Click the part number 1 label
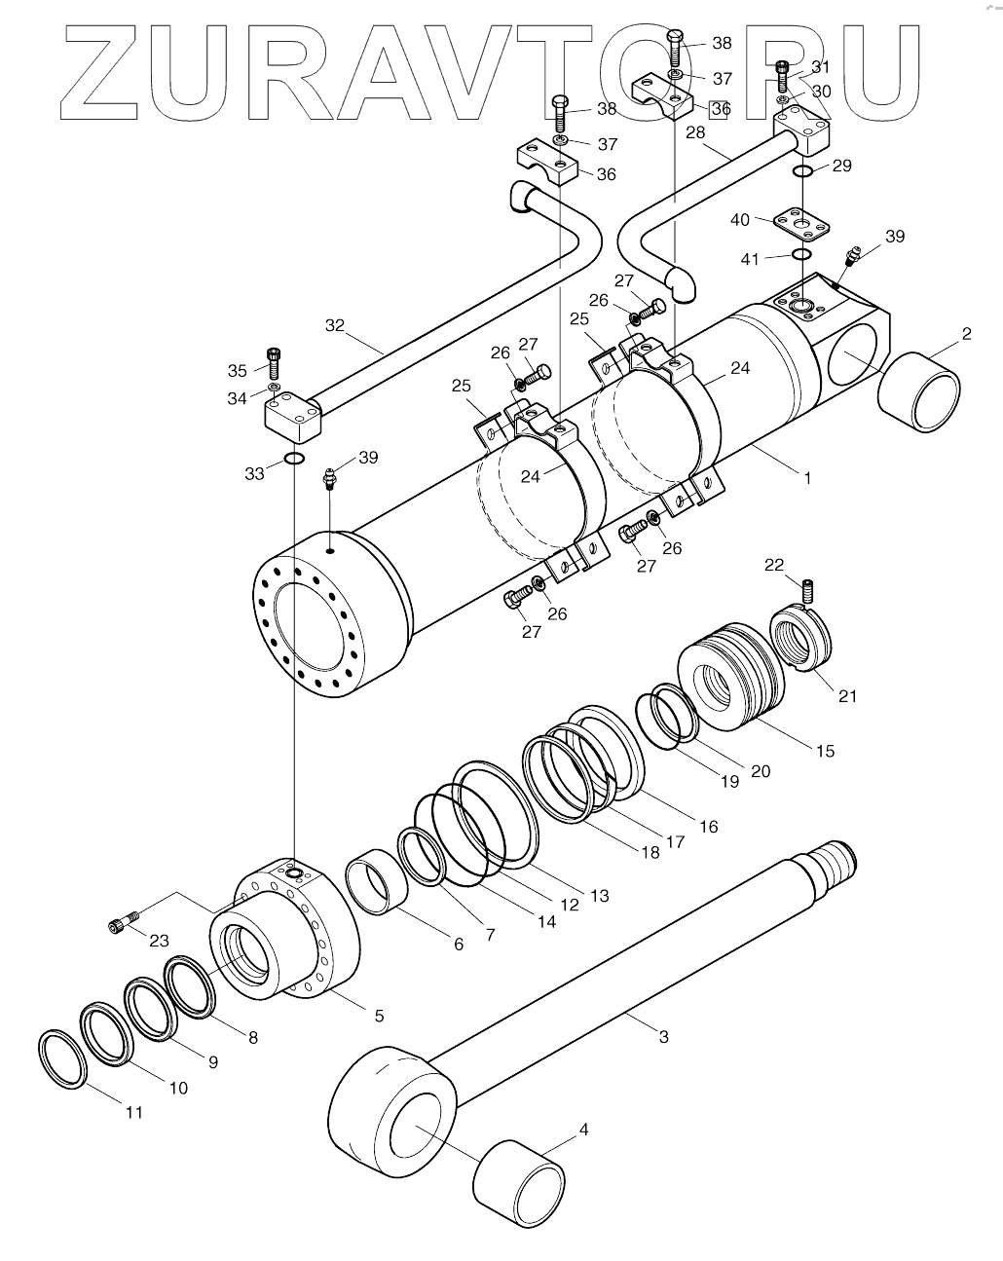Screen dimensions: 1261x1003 click(806, 478)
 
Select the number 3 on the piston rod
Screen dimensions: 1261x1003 click(664, 1036)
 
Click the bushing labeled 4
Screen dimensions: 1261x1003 click(520, 1188)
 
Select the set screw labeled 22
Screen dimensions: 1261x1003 click(806, 590)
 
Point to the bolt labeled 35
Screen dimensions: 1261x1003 click(273, 364)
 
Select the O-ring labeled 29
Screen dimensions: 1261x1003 click(802, 172)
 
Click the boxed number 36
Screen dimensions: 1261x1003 click(720, 109)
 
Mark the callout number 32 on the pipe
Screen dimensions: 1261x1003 click(335, 325)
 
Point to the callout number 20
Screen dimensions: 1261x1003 click(760, 770)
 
